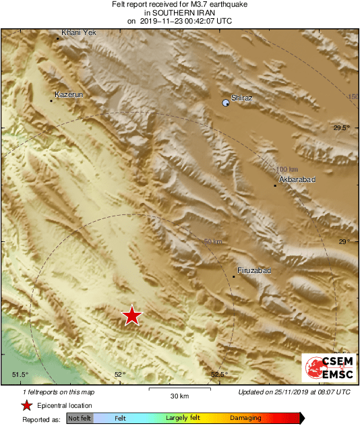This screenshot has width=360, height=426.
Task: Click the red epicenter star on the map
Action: click(132, 315)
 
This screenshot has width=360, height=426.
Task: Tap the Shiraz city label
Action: click(241, 98)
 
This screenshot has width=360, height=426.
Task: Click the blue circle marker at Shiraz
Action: click(226, 102)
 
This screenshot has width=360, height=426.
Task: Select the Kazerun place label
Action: click(69, 95)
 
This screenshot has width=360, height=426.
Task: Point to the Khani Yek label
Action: click(75, 32)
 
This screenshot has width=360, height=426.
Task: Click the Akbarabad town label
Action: click(297, 180)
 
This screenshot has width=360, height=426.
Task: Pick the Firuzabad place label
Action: click(255, 270)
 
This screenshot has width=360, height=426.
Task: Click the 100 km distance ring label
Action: click(287, 169)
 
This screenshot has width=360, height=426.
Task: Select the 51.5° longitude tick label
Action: click(20, 375)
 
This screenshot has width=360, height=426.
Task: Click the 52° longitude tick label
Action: click(119, 375)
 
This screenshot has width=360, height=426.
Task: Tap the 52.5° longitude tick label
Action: click(220, 375)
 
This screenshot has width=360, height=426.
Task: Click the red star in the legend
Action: click(26, 405)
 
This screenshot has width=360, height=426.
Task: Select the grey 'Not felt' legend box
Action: click(80, 419)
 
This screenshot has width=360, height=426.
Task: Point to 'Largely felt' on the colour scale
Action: click(182, 419)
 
